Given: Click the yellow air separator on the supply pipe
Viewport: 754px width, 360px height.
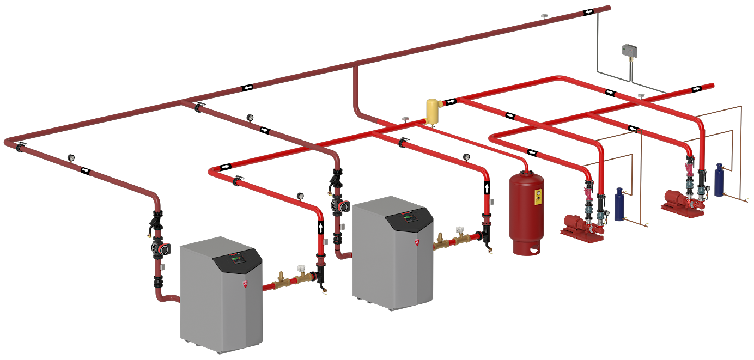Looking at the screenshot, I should pyautogui.click(x=434, y=111).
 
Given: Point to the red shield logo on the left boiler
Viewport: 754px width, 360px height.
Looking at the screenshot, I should pyautogui.click(x=245, y=284).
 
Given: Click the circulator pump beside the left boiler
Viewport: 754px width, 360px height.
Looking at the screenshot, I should pyautogui.click(x=159, y=248).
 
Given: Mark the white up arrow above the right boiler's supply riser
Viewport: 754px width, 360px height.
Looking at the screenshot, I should pyautogui.click(x=487, y=188).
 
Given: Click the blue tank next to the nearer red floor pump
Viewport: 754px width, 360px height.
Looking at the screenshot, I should pyautogui.click(x=619, y=204).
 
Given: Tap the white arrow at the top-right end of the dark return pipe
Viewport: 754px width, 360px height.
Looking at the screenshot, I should pyautogui.click(x=589, y=12).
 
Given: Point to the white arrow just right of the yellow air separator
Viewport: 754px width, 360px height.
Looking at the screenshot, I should pyautogui.click(x=451, y=101).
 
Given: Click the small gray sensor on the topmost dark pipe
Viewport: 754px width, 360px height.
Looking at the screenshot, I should pyautogui.click(x=544, y=16).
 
